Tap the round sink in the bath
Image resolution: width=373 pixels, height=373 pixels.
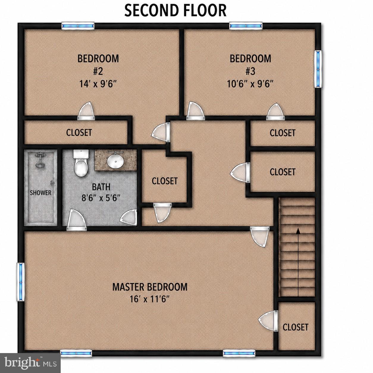point(115,162)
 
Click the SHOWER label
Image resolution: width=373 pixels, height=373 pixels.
point(41,193)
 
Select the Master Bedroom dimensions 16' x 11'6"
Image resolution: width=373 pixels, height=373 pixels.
point(150,300)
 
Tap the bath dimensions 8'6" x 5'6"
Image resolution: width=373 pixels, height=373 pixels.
point(101,198)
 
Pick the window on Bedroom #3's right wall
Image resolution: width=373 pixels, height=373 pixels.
point(318,69)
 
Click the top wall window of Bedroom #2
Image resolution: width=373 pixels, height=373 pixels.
point(78,26)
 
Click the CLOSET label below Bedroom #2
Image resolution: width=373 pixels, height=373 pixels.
point(79,133)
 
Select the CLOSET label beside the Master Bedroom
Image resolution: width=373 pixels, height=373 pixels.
point(295,327)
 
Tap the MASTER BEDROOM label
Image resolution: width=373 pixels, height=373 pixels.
point(150,287)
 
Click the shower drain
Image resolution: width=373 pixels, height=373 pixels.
point(41,219)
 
